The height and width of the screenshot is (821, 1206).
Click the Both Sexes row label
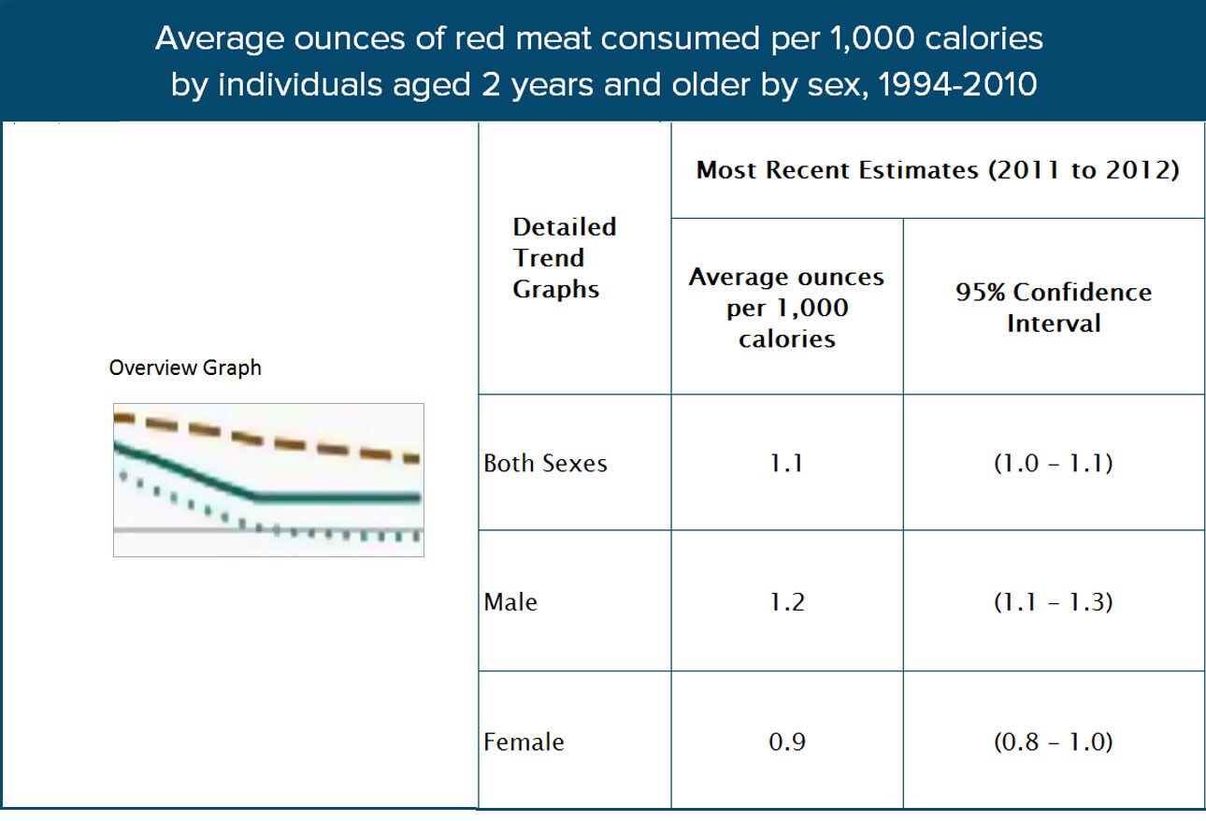click(545, 463)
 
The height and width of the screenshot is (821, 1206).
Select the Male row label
click(510, 601)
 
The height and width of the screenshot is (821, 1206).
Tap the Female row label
click(524, 742)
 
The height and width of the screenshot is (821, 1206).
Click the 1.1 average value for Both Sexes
click(786, 463)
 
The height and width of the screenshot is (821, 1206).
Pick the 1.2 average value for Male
click(786, 601)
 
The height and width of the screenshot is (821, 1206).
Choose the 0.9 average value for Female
click(786, 742)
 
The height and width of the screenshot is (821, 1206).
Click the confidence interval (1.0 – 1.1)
click(1053, 463)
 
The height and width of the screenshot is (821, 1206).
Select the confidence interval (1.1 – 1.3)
click(1053, 601)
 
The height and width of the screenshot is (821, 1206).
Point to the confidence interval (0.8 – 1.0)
click(1053, 742)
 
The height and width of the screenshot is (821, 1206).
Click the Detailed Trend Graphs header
click(564, 258)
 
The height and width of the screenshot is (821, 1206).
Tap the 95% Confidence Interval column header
click(1053, 308)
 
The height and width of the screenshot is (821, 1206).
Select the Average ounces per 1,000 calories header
click(786, 308)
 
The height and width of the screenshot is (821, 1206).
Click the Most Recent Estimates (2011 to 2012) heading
click(938, 171)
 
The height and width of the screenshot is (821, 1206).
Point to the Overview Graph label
click(185, 367)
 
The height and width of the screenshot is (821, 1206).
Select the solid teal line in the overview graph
click(337, 497)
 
